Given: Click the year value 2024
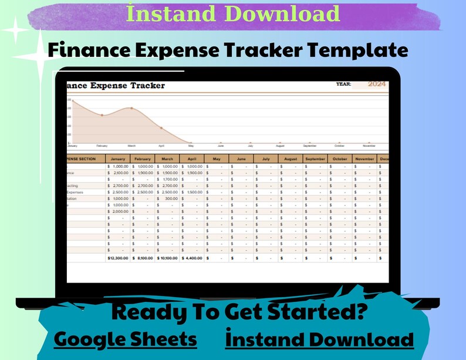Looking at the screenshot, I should coord(376,84).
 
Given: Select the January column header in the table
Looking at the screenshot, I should coord(117,159).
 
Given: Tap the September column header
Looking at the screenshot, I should coord(315,159).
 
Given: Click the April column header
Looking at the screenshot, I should coord(192,159).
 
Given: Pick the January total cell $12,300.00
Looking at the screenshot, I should coord(117,257).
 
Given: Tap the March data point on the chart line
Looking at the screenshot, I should coord(131,108).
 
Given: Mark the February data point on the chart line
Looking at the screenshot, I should coord(102,115).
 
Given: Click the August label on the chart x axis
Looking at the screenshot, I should coord(280,146).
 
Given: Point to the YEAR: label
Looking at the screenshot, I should coord(343,84).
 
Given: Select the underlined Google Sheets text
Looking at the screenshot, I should coord(125,339).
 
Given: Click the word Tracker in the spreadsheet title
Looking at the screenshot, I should coord(144,86).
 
